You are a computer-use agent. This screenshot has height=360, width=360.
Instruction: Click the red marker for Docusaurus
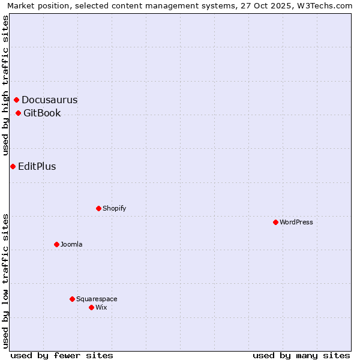tap(17, 100)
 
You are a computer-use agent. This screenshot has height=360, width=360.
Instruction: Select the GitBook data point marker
tap(19, 113)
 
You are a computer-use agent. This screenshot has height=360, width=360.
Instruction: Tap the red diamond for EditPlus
tap(13, 166)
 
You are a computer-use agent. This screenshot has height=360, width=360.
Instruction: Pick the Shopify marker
tap(99, 208)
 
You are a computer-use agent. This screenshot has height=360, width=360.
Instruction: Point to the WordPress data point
tap(275, 222)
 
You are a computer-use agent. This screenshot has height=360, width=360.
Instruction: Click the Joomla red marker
tap(57, 244)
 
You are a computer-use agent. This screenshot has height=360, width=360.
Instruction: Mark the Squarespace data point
tap(73, 299)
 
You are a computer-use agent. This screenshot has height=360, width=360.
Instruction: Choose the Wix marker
tap(92, 307)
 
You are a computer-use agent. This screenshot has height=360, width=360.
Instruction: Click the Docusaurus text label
tap(50, 100)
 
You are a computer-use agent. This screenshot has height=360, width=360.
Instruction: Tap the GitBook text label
tap(42, 113)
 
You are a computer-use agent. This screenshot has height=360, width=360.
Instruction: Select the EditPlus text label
tap(37, 166)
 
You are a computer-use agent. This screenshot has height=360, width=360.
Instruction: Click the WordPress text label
tap(296, 222)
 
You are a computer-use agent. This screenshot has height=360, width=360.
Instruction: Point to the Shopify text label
tap(115, 208)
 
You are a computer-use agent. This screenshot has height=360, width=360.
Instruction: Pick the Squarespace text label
tap(97, 299)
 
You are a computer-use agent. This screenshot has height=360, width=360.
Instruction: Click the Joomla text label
tap(71, 244)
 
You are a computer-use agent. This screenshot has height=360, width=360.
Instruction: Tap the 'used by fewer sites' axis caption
tap(62, 355)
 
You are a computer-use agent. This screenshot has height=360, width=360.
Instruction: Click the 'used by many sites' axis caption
tap(301, 355)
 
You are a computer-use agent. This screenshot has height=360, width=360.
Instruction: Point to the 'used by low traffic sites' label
tap(5, 281)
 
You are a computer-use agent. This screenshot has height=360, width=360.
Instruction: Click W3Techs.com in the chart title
tap(324, 5)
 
